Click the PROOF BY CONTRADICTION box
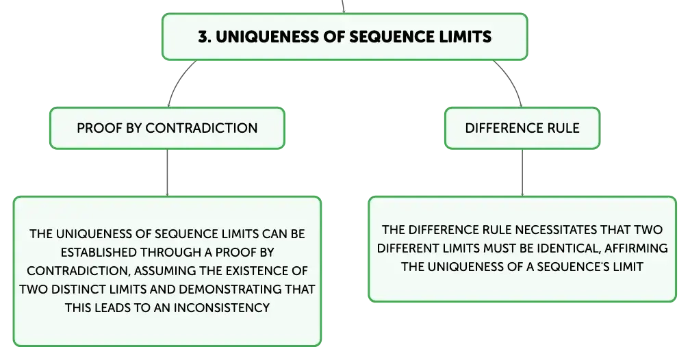click(167, 128)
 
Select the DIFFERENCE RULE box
click(522, 128)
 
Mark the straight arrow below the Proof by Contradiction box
click(167, 172)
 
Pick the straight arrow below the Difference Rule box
click(522, 172)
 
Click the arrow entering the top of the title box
click(343, 7)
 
